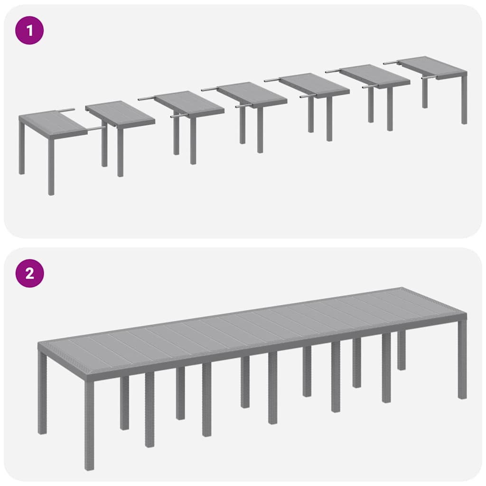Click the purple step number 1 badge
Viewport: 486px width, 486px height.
coord(29,31)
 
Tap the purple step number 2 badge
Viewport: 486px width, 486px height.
coord(29,273)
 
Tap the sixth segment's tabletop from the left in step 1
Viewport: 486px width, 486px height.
coord(375,75)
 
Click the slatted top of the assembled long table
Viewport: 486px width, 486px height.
coord(252,327)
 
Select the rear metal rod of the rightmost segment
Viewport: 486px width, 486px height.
coord(390,62)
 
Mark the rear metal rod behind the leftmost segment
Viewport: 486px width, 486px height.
coord(66,110)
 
